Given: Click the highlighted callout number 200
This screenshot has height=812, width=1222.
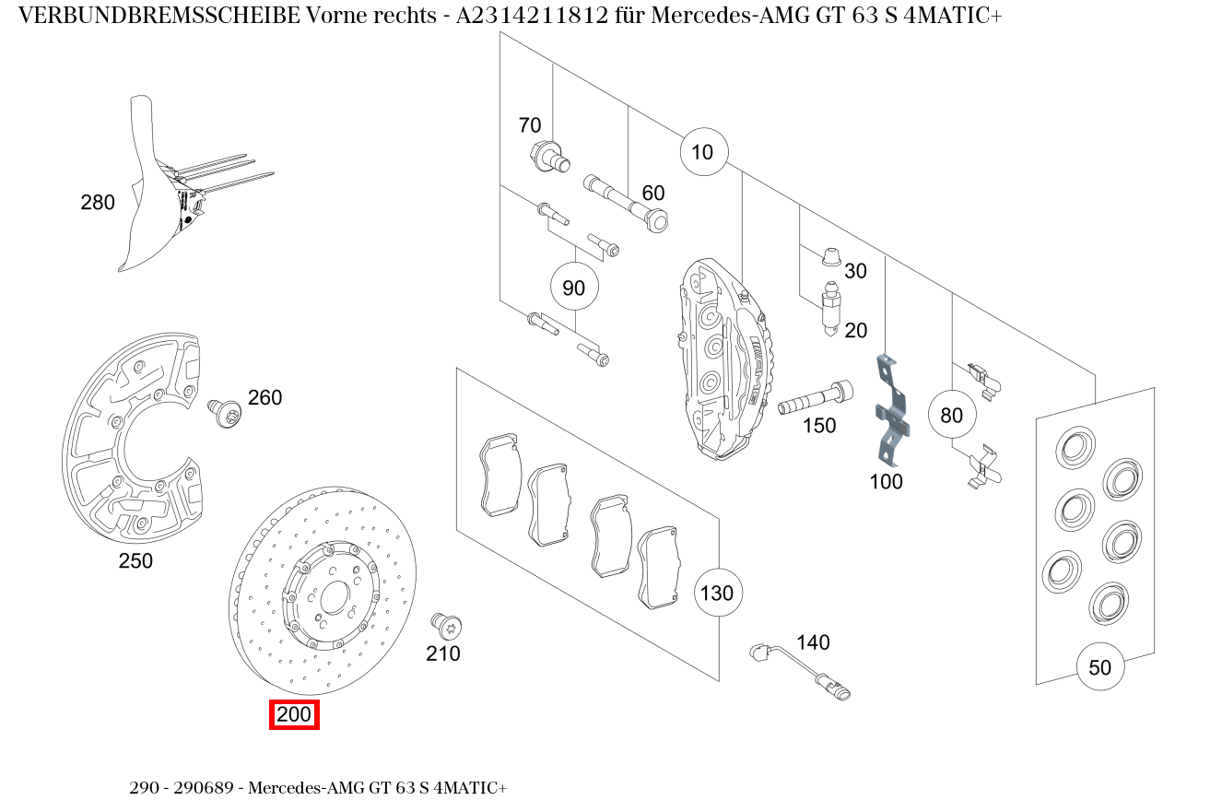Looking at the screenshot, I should (294, 714).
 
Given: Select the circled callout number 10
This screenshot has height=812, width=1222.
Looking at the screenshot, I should (703, 151).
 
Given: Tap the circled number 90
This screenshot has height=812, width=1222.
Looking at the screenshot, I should (573, 288).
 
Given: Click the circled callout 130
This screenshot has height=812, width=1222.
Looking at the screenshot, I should (717, 592).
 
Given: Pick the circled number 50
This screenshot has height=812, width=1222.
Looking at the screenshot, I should (1100, 666).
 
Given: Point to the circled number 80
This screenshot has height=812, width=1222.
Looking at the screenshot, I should (951, 415).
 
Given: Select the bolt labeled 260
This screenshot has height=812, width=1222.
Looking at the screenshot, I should (224, 411).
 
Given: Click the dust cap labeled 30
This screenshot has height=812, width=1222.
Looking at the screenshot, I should (829, 255).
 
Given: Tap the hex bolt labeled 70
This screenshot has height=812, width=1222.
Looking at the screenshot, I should (546, 156).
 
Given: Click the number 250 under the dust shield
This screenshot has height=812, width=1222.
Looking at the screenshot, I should (135, 560).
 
